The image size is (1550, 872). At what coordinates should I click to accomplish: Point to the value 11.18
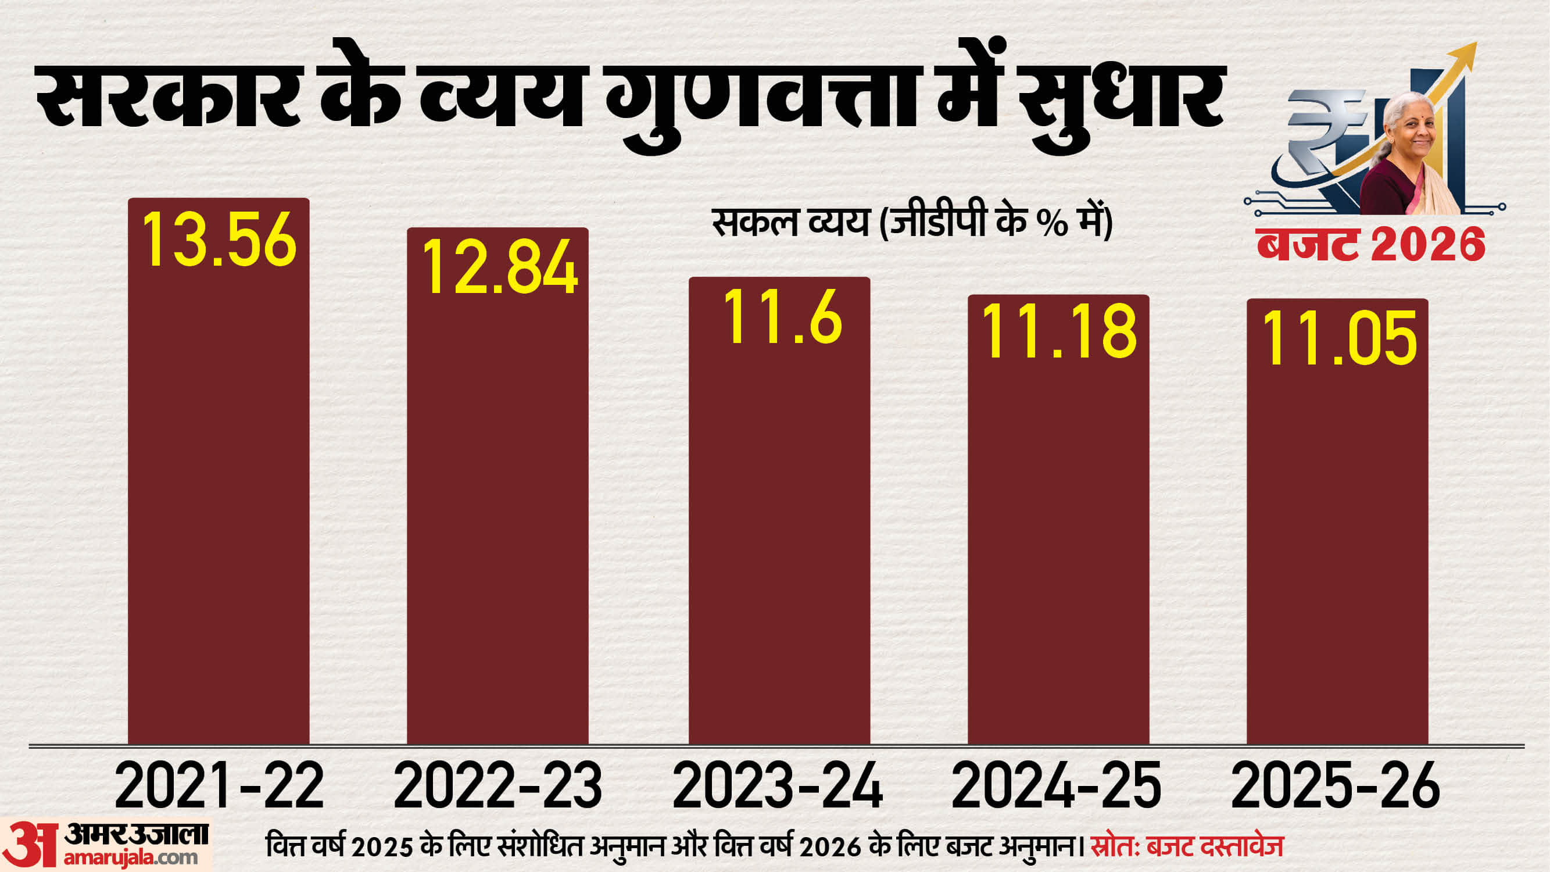click(1058, 331)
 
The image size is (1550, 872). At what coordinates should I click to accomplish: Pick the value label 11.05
click(1339, 338)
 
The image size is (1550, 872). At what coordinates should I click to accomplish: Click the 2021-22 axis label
click(219, 786)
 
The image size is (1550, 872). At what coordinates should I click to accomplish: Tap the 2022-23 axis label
click(497, 786)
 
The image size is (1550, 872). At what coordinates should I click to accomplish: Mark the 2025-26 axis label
click(1335, 786)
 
